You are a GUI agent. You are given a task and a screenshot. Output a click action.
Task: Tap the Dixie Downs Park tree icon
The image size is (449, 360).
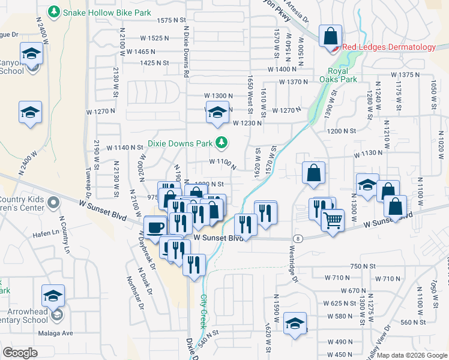(222, 143)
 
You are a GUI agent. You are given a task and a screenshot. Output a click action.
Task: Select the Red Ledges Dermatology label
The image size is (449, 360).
(389, 47)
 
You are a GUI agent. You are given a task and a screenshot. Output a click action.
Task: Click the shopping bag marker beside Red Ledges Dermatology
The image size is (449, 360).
(330, 37)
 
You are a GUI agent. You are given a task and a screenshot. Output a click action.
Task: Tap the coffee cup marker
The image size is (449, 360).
(156, 228)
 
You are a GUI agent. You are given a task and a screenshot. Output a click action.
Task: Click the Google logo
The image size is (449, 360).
(21, 353)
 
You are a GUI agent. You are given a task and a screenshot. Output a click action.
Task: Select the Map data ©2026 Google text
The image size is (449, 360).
(412, 355)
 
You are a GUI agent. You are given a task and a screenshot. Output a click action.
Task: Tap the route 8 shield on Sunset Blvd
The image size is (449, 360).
(299, 238)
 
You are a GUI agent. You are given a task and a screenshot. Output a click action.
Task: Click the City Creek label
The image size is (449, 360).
(203, 307)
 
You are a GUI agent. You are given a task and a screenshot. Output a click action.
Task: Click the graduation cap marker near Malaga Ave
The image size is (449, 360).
(53, 296)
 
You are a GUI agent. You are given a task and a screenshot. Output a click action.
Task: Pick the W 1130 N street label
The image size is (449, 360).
(368, 154)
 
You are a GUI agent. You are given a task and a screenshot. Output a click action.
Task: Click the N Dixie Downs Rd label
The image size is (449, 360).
(186, 50)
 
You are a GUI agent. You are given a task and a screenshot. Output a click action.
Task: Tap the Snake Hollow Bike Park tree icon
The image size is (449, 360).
(54, 11)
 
